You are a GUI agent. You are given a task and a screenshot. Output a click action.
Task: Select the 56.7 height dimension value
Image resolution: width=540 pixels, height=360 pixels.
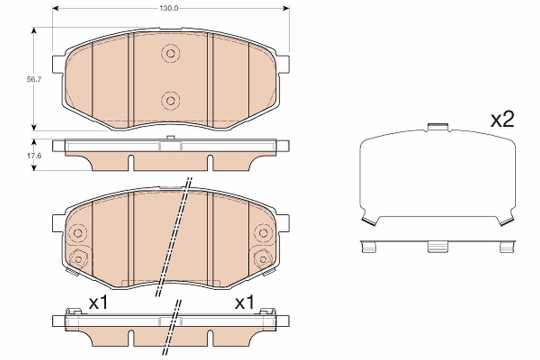coord(31,79)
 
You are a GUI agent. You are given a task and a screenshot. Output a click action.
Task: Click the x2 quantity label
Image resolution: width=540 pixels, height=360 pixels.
coord(502,120)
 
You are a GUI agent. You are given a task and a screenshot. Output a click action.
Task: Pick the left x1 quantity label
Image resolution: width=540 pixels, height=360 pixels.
coord(98,303)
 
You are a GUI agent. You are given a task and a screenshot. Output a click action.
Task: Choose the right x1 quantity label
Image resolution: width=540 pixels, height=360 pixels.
coord(244,303)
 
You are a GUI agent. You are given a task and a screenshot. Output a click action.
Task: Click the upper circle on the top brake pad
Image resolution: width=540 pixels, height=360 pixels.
coord(170,53)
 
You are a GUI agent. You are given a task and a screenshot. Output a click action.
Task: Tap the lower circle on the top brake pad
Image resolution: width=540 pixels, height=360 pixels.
coord(170,100)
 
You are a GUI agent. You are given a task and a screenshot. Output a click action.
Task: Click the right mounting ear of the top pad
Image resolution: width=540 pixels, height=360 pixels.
coord(283,64)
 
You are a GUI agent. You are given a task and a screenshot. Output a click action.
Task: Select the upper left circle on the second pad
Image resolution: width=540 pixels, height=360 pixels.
coord(78,233)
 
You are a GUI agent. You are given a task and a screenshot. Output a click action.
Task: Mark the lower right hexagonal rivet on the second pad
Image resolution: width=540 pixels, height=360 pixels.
coord(262,259)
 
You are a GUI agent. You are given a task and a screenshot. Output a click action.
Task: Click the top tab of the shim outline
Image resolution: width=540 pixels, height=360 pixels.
coord(438,127)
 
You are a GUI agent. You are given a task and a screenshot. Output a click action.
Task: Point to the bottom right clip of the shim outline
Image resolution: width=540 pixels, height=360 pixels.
coord(506,220)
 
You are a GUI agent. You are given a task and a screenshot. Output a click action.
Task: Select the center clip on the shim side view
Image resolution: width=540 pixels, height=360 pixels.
coord(437,246)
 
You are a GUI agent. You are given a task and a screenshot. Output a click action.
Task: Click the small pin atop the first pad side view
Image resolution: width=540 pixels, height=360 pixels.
coord(170,137)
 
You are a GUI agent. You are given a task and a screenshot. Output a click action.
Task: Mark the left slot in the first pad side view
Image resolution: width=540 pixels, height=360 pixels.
coord(130,163)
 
